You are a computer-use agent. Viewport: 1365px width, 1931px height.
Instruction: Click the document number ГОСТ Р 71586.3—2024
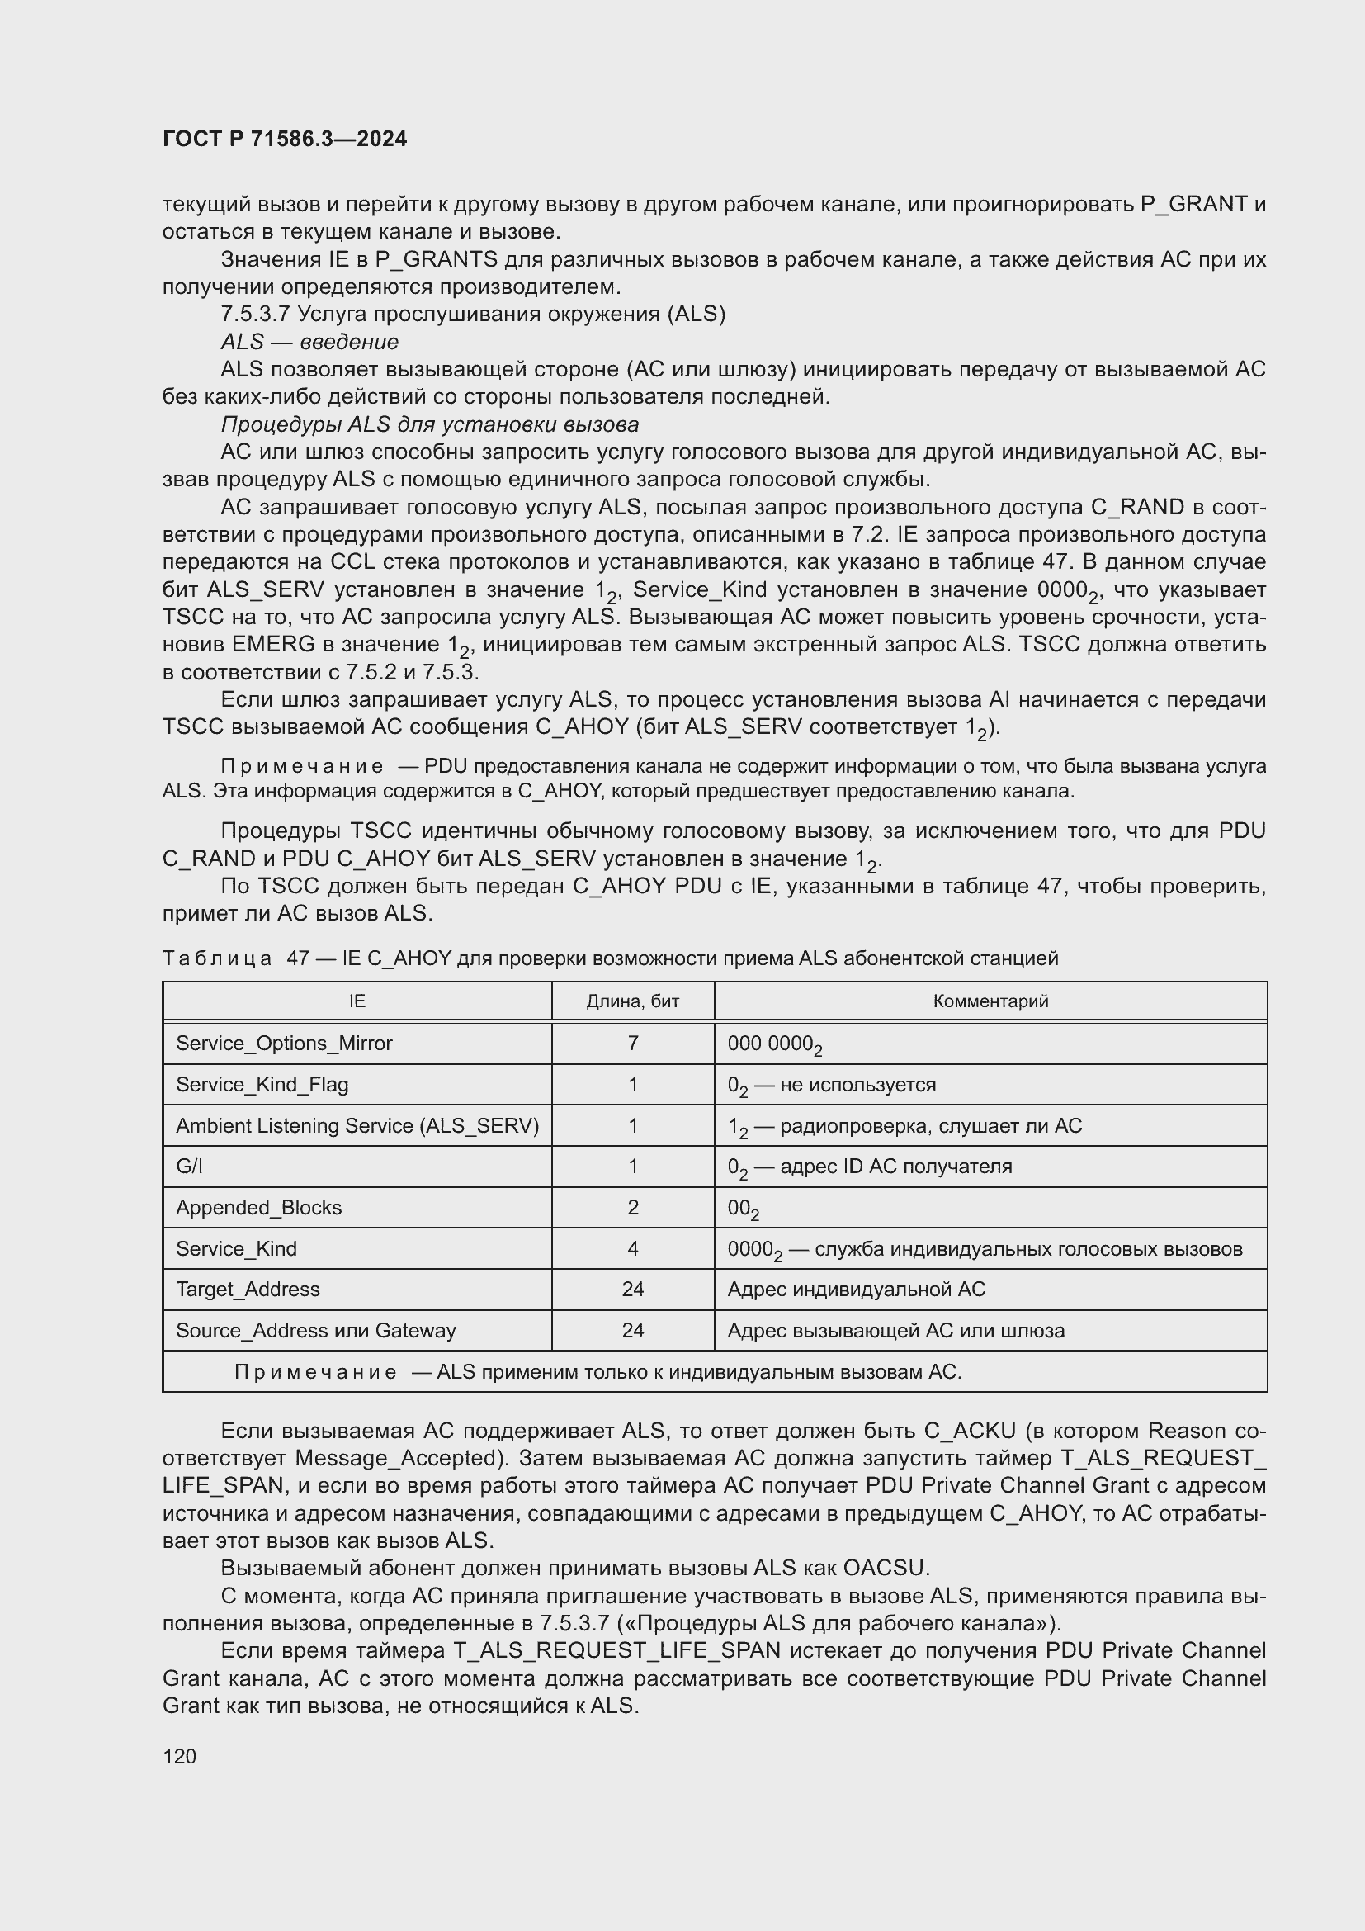pyautogui.click(x=284, y=139)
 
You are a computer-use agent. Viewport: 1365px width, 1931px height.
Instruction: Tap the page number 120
pyautogui.click(x=179, y=1756)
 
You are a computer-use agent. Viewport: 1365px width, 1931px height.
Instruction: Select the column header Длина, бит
pyautogui.click(x=632, y=1001)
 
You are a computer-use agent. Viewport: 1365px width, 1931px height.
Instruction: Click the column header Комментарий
pyautogui.click(x=990, y=1001)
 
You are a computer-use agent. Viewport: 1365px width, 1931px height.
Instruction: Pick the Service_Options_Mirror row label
pyautogui.click(x=284, y=1043)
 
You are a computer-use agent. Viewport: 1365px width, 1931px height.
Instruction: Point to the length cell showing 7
pyautogui.click(x=632, y=1043)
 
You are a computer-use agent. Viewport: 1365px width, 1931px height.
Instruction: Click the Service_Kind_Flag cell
pyautogui.click(x=262, y=1084)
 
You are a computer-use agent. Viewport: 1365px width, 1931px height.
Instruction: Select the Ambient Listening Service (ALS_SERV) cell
pyautogui.click(x=357, y=1125)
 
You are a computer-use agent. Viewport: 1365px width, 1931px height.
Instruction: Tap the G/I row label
pyautogui.click(x=189, y=1166)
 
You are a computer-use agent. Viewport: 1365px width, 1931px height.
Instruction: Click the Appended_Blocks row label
pyautogui.click(x=258, y=1207)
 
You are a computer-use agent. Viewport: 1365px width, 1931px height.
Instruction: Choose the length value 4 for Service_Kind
pyautogui.click(x=632, y=1248)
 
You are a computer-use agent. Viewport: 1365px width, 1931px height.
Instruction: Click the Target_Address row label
pyautogui.click(x=247, y=1290)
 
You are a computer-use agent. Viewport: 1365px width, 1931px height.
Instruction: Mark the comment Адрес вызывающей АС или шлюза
pyautogui.click(x=895, y=1331)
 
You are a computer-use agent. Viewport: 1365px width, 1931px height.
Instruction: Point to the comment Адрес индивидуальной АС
pyautogui.click(x=856, y=1290)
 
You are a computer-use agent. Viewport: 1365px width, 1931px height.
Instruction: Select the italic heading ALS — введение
pyautogui.click(x=309, y=342)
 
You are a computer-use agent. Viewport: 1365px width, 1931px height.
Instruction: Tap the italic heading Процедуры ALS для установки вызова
pyautogui.click(x=428, y=424)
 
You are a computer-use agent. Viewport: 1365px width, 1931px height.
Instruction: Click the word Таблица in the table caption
pyautogui.click(x=217, y=958)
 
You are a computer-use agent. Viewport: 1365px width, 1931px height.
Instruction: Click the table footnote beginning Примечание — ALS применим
pyautogui.click(x=597, y=1372)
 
